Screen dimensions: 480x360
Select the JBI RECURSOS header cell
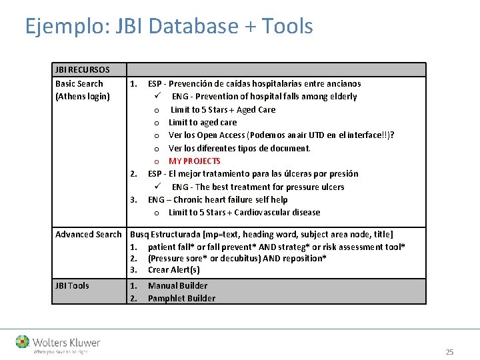(83, 70)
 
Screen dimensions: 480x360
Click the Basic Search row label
(79, 84)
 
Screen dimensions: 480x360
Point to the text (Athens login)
(83, 97)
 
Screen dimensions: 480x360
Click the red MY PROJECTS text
(194, 161)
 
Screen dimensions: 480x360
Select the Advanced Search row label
(89, 235)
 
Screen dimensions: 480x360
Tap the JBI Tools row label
(72, 285)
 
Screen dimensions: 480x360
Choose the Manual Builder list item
(177, 285)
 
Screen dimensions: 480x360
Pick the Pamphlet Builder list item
(181, 298)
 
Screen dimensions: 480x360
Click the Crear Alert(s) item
(173, 270)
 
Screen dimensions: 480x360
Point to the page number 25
(449, 352)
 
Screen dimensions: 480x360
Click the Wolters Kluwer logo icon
(23, 343)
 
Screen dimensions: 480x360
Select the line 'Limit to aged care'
(202, 123)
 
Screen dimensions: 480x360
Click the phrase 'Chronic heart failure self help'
(230, 200)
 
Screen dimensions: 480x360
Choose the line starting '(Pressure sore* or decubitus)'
(237, 258)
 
